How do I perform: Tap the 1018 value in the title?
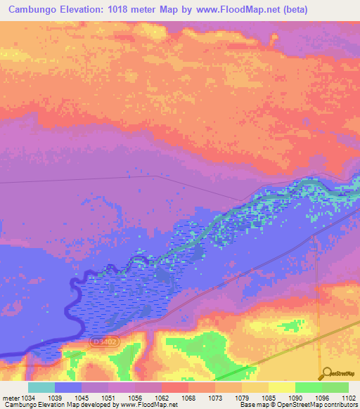[x=131, y=10]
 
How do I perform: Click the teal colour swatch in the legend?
[x=41, y=387]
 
